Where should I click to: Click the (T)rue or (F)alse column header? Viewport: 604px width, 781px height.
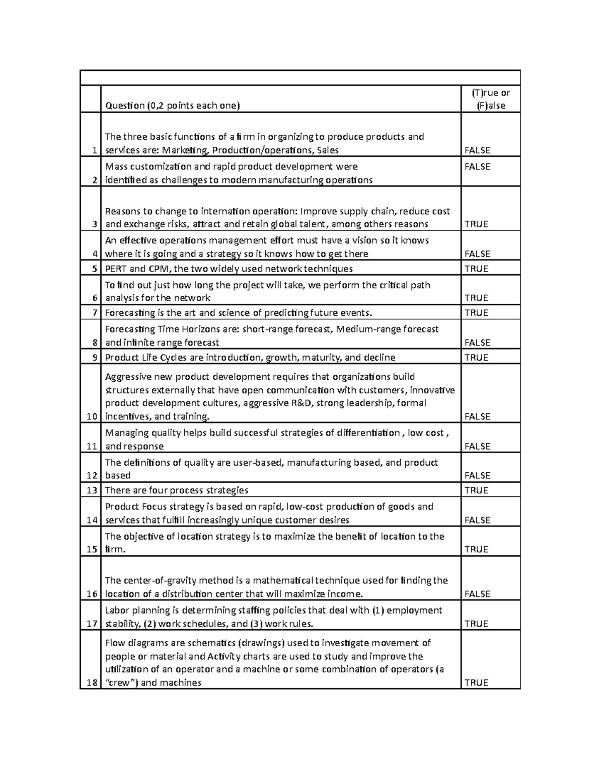(x=491, y=99)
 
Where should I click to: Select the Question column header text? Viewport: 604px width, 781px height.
(x=172, y=106)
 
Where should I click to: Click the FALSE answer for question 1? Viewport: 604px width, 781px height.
(x=477, y=150)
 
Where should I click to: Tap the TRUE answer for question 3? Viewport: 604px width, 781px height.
(x=476, y=224)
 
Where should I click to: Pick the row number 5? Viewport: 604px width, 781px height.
(x=94, y=269)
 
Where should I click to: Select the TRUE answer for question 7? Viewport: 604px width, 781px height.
(x=476, y=313)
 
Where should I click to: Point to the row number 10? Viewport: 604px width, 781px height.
(x=92, y=416)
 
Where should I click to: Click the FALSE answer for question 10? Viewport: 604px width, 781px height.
(x=477, y=416)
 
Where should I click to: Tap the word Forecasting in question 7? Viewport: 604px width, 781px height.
(x=129, y=313)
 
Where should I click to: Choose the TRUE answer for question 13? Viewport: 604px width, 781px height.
(x=476, y=490)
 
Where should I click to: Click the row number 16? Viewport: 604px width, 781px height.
(x=92, y=594)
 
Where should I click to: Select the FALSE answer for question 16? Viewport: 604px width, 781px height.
(x=477, y=594)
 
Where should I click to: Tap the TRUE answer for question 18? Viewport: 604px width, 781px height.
(x=476, y=682)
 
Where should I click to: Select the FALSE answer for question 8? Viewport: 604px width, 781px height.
(x=477, y=342)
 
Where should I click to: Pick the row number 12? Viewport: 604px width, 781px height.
(x=92, y=475)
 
